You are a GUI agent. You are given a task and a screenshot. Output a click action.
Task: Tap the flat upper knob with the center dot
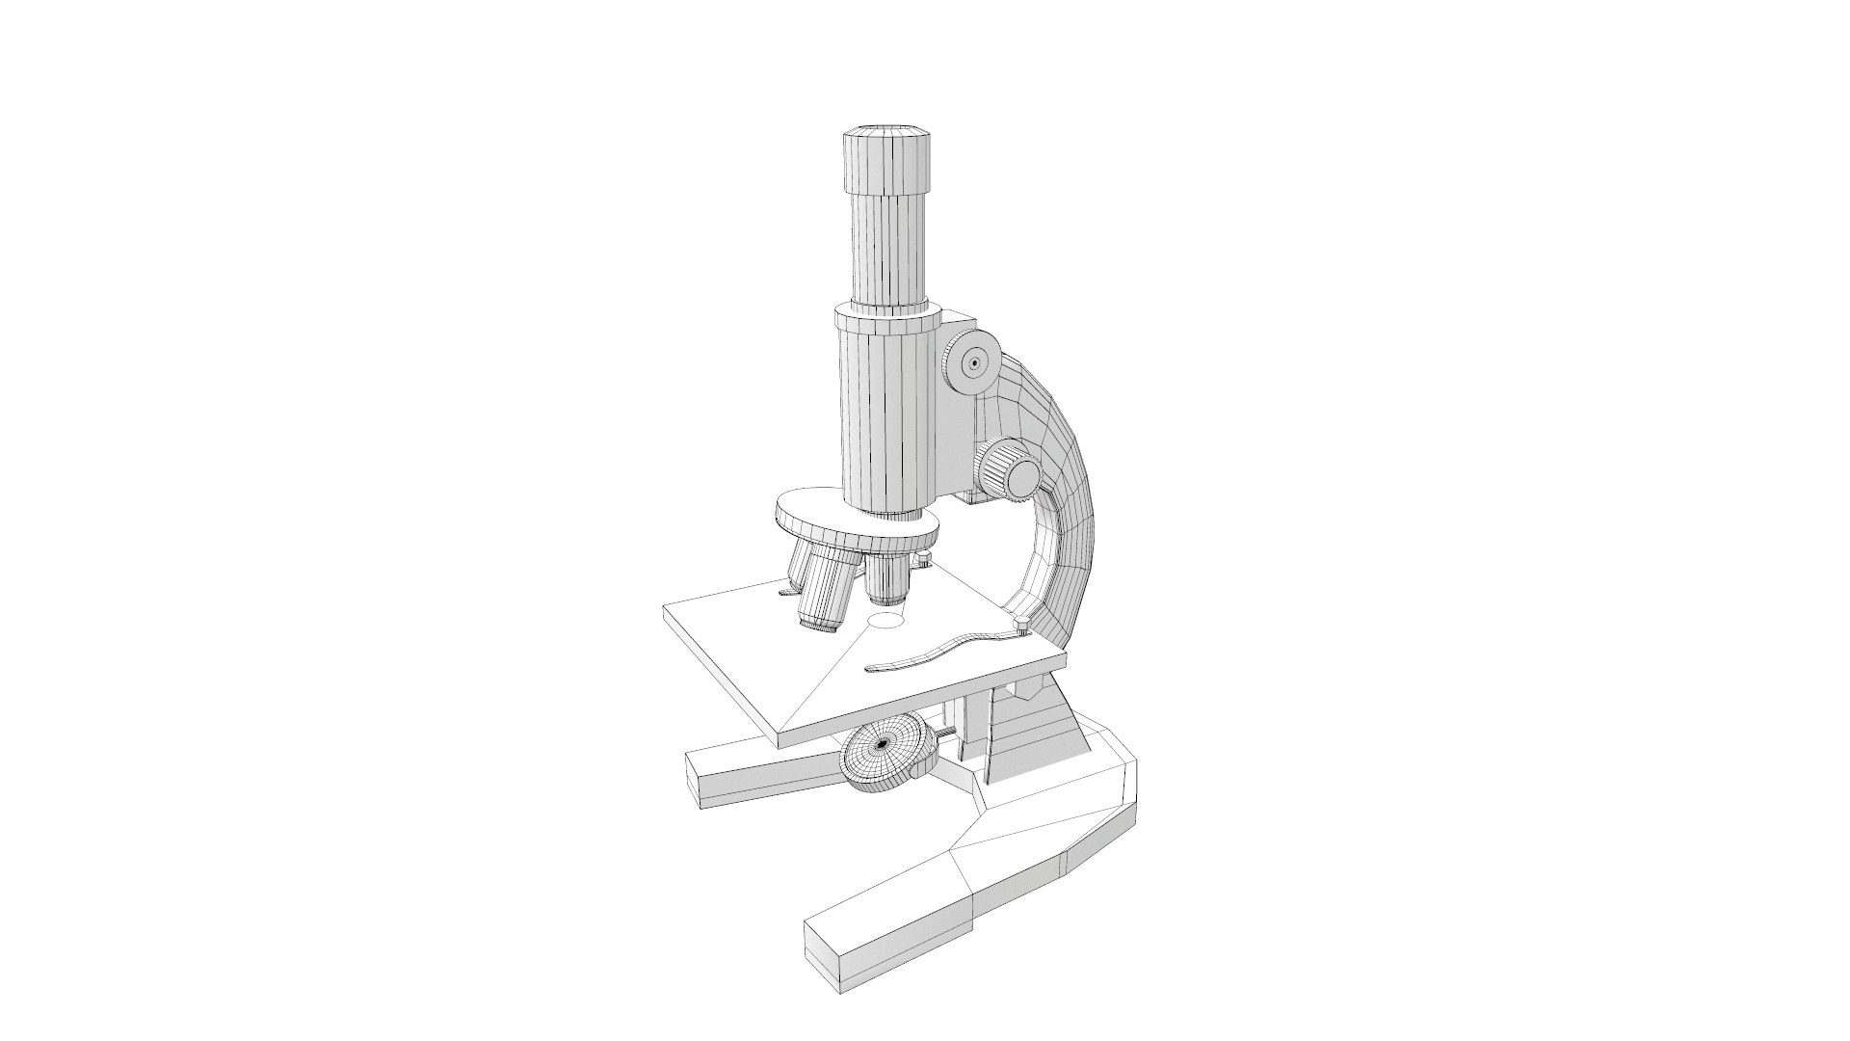point(973,364)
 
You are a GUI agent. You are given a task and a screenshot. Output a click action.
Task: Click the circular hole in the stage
point(886,621)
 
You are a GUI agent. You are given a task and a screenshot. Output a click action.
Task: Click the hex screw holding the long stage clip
point(1020,628)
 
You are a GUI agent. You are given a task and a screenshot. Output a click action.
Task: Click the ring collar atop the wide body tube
point(886,318)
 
